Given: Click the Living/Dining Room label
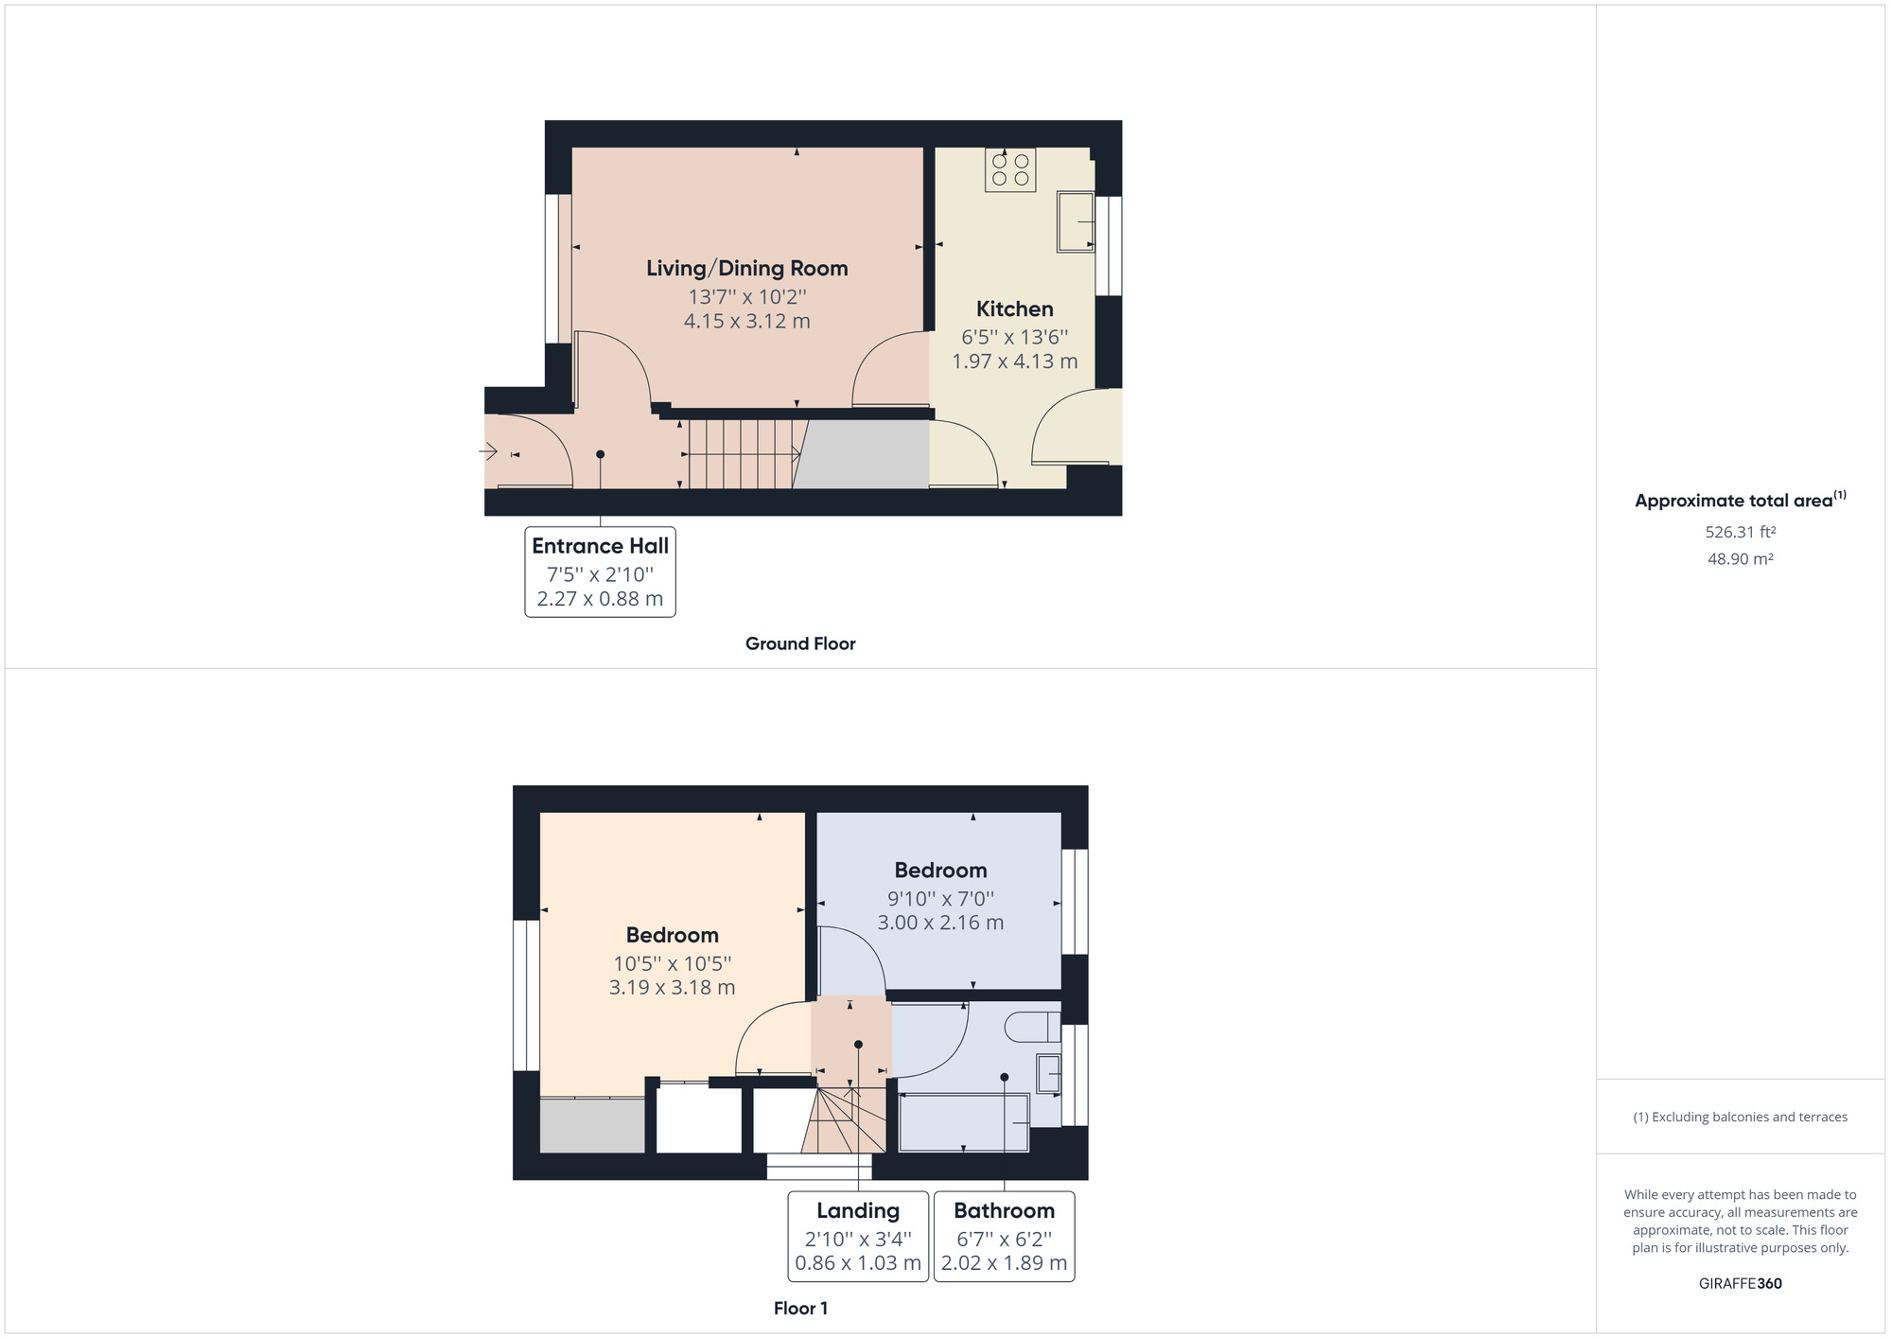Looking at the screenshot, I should pyautogui.click(x=746, y=269).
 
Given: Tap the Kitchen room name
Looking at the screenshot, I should pyautogui.click(x=1014, y=309).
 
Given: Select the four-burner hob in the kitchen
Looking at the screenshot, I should pyautogui.click(x=1009, y=170).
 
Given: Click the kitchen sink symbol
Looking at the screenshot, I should pyautogui.click(x=1075, y=222).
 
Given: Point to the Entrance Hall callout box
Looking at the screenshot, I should pyautogui.click(x=600, y=572).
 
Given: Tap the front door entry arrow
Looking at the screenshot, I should pyautogui.click(x=489, y=452).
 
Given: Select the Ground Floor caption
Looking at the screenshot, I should pyautogui.click(x=799, y=643).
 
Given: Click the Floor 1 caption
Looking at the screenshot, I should pyautogui.click(x=799, y=1309).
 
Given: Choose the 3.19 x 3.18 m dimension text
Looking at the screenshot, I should pyautogui.click(x=672, y=988).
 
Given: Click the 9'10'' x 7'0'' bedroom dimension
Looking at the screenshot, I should pyautogui.click(x=939, y=899).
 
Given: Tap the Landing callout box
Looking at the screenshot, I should pyautogui.click(x=857, y=1236).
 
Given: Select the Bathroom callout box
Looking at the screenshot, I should pyautogui.click(x=1004, y=1236).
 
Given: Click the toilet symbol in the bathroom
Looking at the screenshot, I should pyautogui.click(x=1033, y=1028).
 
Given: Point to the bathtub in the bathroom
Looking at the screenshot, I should pyautogui.click(x=963, y=1123).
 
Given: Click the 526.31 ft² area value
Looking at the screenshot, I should pyautogui.click(x=1740, y=532).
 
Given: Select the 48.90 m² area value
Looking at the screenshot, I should pyautogui.click(x=1740, y=559).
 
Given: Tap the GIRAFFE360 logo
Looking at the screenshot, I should pyautogui.click(x=1740, y=1284).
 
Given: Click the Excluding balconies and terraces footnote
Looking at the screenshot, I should pyautogui.click(x=1740, y=1118).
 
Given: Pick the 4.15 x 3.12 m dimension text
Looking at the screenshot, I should pyautogui.click(x=746, y=322).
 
